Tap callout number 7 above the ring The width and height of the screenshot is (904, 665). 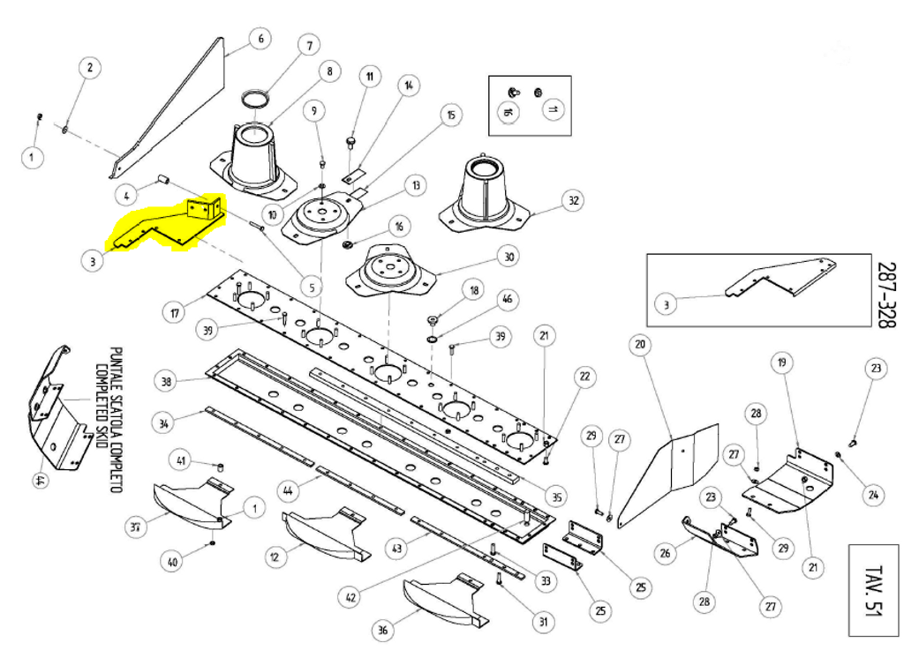[308, 45]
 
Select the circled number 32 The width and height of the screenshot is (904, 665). [574, 200]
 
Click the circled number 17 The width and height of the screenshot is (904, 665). [174, 311]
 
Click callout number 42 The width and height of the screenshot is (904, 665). [352, 597]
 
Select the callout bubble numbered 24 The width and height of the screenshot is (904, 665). [873, 495]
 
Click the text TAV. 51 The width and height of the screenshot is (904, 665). [875, 590]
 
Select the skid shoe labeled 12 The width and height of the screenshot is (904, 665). [322, 535]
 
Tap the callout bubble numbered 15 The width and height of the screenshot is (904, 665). [450, 116]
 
